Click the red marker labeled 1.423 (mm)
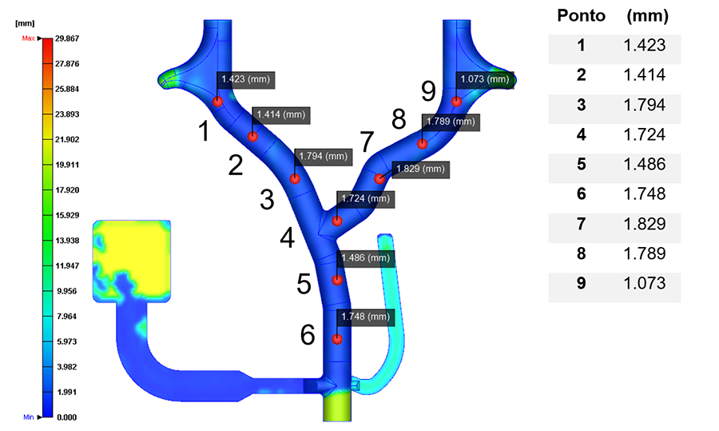tap(217, 101)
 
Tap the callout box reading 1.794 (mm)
tap(323, 156)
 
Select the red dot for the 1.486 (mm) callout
tap(337, 280)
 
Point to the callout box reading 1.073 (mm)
tap(483, 79)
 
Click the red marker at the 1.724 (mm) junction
tap(337, 221)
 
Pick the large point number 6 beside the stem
tap(308, 336)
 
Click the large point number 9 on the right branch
tap(428, 91)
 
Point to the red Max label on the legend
tap(28, 38)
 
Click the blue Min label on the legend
tap(28, 417)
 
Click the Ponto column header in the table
tap(581, 16)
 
